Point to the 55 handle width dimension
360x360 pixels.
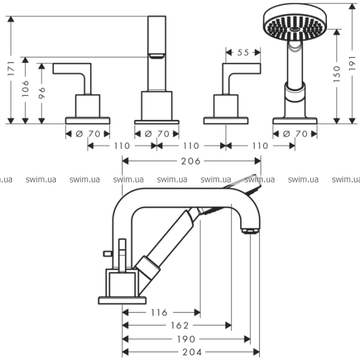[242, 53]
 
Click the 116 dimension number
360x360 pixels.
[158, 313]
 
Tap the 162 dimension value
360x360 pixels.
[180, 326]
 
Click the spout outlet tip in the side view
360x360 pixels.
[250, 229]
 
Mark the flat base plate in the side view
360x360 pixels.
[122, 299]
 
